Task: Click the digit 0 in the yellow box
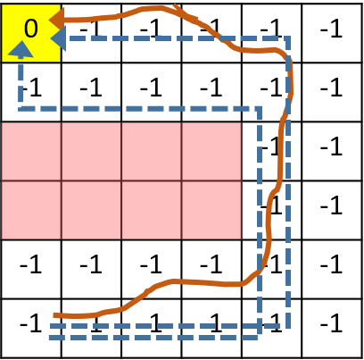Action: point(30,29)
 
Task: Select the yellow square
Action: point(30,32)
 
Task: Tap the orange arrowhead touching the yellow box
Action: point(56,19)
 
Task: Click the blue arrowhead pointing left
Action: point(57,38)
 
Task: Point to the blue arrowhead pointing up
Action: point(21,49)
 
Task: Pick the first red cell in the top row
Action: point(31,151)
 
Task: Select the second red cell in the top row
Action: point(91,151)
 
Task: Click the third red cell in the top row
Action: point(151,151)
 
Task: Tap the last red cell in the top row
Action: point(211,151)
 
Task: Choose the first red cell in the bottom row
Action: point(31,210)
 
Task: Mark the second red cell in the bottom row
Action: point(91,210)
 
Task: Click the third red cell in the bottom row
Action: point(151,210)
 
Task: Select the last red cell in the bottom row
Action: point(211,210)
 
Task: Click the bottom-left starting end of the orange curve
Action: point(54,314)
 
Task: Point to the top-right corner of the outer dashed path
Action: point(287,38)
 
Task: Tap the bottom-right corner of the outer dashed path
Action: point(287,326)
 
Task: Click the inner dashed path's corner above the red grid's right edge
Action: point(259,108)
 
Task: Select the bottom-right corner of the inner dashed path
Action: point(259,337)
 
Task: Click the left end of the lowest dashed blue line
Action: point(50,337)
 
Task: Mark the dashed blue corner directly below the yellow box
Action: point(21,108)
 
